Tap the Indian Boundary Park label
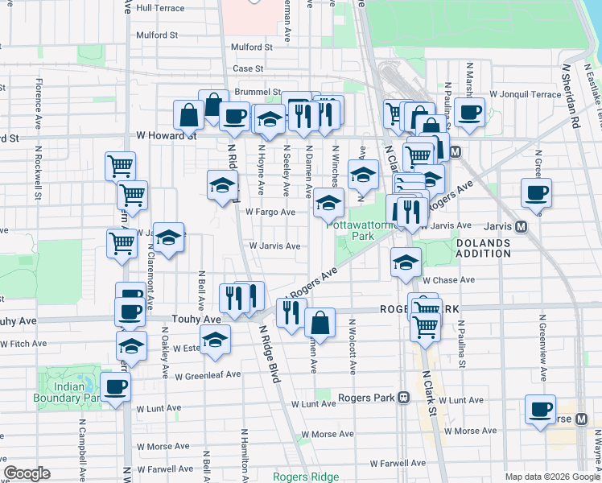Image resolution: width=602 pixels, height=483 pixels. coord(66,391)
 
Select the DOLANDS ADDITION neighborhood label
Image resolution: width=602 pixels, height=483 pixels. coord(483,248)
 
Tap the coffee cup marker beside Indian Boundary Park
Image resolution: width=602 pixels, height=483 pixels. coord(115,386)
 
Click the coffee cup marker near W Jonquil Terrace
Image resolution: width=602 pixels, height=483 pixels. coord(469,112)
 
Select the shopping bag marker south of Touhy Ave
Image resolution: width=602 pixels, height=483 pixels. coord(320,323)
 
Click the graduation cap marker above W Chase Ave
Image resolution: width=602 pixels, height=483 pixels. coord(406,262)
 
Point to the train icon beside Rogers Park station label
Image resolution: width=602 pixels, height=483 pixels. coord(403,398)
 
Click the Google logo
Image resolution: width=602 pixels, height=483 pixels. coord(27,473)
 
